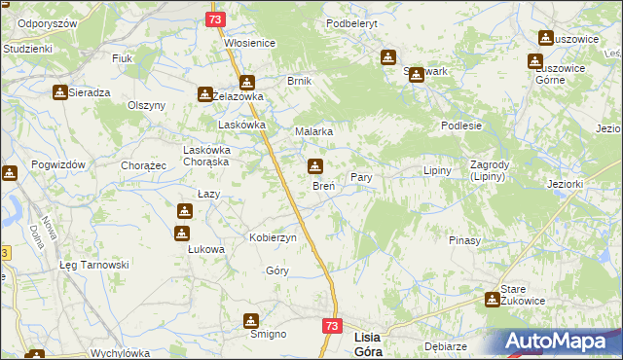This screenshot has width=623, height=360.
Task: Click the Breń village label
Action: [x=323, y=186]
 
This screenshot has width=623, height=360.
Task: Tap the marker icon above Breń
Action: [x=315, y=166]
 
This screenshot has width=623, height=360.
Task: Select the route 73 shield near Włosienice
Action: [x=216, y=19]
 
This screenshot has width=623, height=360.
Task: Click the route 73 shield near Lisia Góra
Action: [x=332, y=327]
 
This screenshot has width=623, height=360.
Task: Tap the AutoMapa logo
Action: [x=559, y=342]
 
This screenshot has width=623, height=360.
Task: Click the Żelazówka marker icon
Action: [x=205, y=94]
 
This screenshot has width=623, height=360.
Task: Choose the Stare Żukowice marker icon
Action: [x=493, y=301]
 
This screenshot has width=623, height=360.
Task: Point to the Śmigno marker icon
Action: [x=252, y=320]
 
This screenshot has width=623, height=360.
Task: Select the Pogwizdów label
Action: [x=60, y=165]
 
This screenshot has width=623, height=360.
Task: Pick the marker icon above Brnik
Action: [x=246, y=83]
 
